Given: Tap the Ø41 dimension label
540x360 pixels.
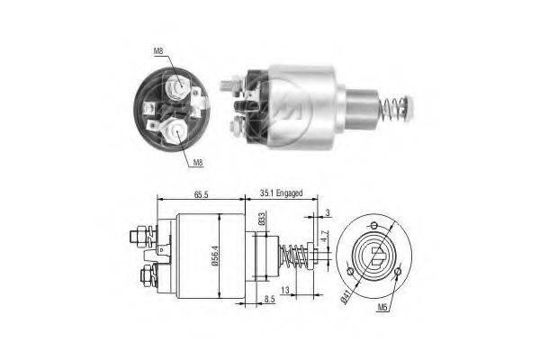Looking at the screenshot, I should (347, 291).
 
